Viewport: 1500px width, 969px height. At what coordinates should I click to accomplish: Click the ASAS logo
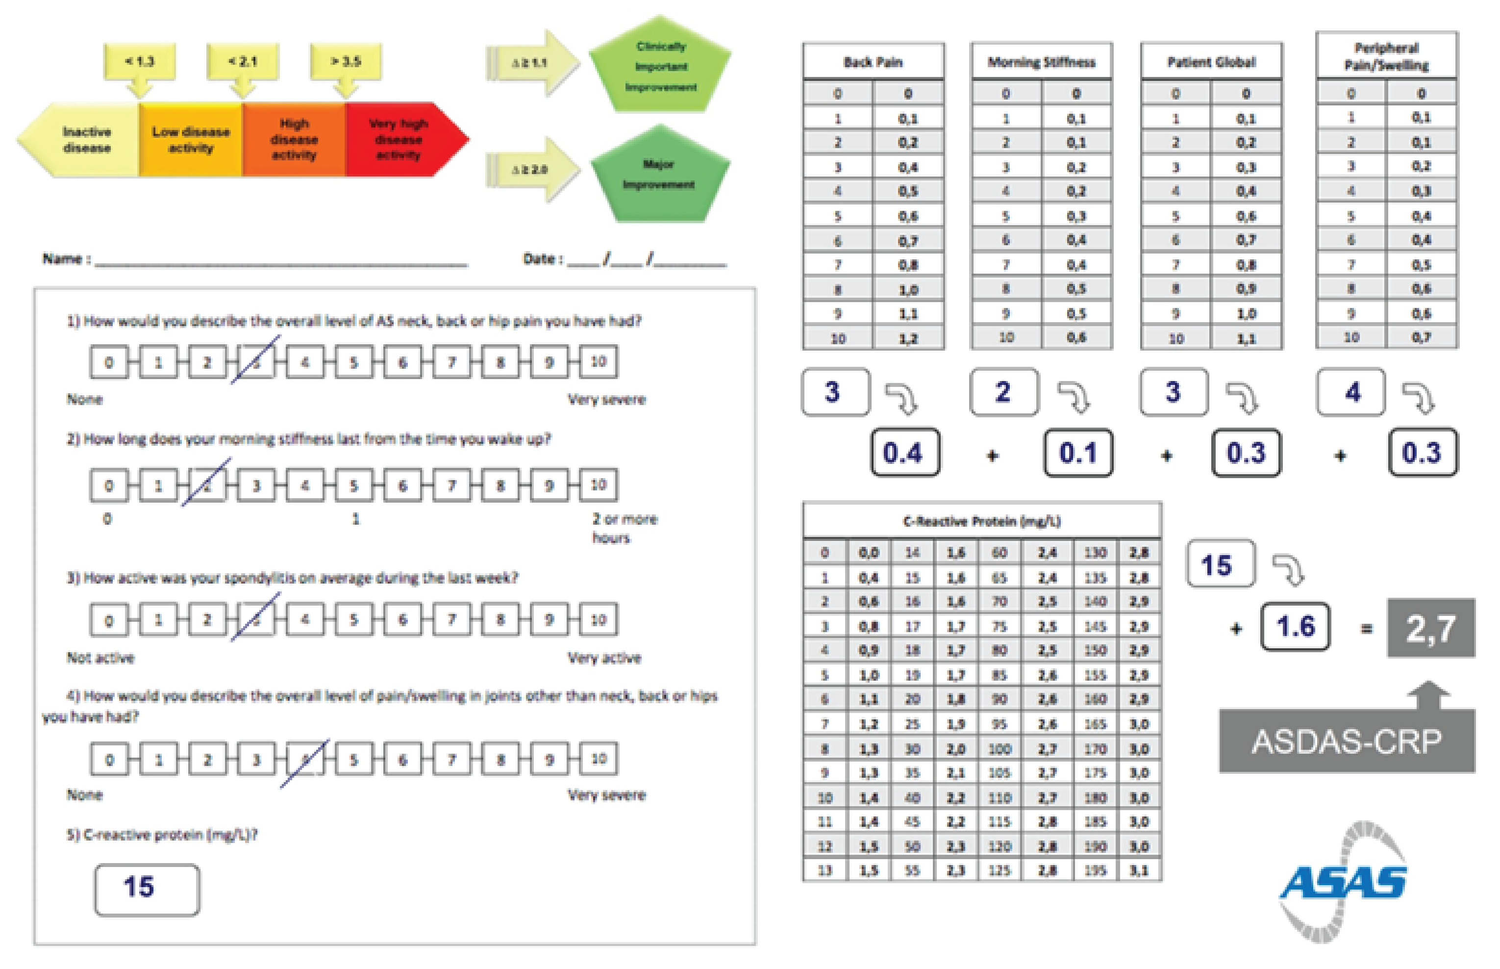pos(1344,881)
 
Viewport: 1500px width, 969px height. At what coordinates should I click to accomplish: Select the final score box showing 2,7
pos(1430,628)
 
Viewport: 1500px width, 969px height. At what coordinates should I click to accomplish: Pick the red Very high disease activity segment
pos(400,139)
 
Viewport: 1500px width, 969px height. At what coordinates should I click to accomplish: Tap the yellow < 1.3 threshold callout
pos(140,62)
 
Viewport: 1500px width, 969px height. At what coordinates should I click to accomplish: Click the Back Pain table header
pos(873,62)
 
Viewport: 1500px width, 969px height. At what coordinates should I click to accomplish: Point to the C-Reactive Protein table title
pos(981,521)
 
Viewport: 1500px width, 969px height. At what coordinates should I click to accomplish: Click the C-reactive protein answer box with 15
pos(147,889)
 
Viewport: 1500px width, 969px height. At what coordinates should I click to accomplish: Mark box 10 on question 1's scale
pos(598,362)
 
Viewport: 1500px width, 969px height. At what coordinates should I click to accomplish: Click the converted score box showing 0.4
pos(904,453)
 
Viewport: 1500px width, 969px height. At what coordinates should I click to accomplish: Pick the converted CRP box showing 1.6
pos(1295,627)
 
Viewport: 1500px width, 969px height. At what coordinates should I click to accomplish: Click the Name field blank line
pos(281,260)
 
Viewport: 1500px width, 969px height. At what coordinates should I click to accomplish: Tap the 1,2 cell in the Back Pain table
pos(907,338)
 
